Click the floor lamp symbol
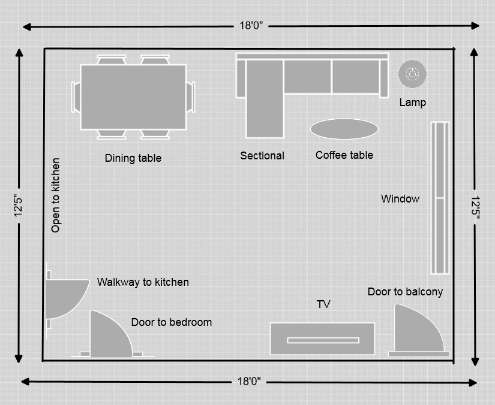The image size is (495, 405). click(413, 74)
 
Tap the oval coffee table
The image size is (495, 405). click(344, 129)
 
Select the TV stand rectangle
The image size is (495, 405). click(322, 339)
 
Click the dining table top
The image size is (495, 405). click(133, 96)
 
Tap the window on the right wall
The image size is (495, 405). click(440, 198)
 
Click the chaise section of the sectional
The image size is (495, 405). click(264, 99)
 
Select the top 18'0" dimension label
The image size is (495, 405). click(251, 26)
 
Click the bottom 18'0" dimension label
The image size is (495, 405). click(250, 381)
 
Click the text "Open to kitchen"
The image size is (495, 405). click(56, 195)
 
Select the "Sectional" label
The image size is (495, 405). click(262, 156)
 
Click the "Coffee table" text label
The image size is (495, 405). click(344, 155)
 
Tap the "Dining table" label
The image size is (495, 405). click(133, 158)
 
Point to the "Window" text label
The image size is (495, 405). click(400, 198)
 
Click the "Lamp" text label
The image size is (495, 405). click(413, 102)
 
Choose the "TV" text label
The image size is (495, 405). click(323, 304)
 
